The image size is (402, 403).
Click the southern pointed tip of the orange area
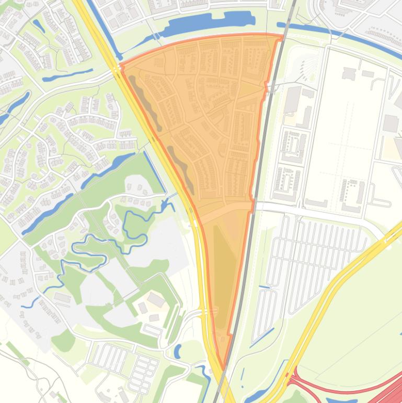(223, 368)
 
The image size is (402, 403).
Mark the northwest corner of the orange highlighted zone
(122, 65)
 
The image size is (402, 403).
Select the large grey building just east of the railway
(292, 99)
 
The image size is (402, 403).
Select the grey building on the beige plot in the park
(156, 300)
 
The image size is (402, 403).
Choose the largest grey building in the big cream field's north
(390, 123)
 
